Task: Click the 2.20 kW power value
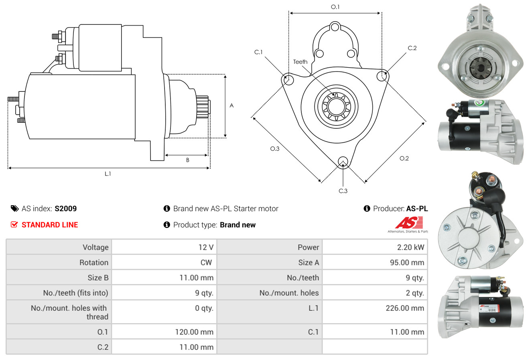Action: [x=410, y=247]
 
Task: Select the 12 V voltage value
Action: [x=205, y=247]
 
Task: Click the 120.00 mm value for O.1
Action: [x=194, y=332]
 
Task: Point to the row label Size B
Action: [x=98, y=277]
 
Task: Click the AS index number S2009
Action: [x=65, y=208]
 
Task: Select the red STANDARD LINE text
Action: [x=50, y=225]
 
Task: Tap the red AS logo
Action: [x=408, y=223]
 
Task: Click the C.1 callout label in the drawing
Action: [x=258, y=52]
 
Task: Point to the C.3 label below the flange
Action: [x=343, y=191]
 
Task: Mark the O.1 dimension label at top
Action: [x=335, y=7]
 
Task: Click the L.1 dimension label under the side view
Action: [x=108, y=174]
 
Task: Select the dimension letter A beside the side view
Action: [x=232, y=106]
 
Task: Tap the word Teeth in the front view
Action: [x=300, y=62]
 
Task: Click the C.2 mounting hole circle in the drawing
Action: [x=382, y=75]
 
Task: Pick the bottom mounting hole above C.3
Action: [x=343, y=162]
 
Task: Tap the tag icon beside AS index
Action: [x=14, y=208]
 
